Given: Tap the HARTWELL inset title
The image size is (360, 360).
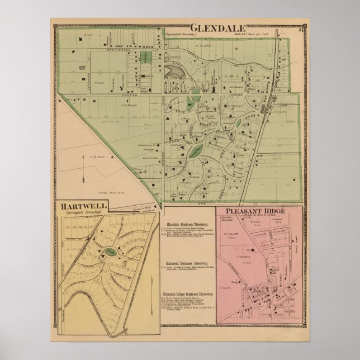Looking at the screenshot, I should point(83,207).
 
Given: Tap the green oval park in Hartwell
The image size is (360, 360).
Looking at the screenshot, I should point(112,252).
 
